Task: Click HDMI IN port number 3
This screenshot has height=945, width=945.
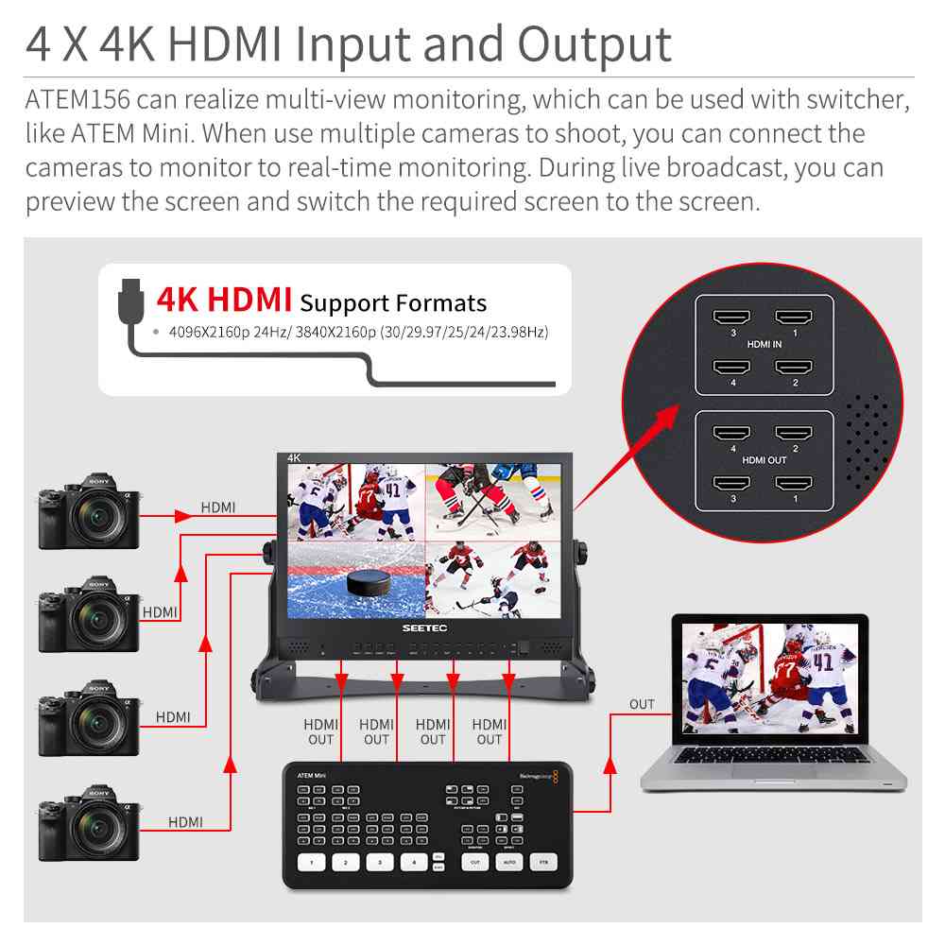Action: pos(732,318)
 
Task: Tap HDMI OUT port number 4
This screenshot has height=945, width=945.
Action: pos(732,434)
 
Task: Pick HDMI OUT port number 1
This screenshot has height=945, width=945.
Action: pos(795,483)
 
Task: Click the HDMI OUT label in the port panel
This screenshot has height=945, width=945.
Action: pos(764,459)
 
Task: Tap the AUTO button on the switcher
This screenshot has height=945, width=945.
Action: pos(508,862)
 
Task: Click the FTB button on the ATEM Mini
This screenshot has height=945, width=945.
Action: pos(542,862)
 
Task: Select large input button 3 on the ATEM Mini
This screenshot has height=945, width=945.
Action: pos(380,862)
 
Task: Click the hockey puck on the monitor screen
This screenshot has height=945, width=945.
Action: pos(368,583)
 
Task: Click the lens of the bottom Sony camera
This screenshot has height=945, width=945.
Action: pos(96,830)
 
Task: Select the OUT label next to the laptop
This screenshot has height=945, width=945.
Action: pos(642,704)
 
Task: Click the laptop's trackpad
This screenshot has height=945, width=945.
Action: pos(773,770)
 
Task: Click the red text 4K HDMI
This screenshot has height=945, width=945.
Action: pos(224,300)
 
